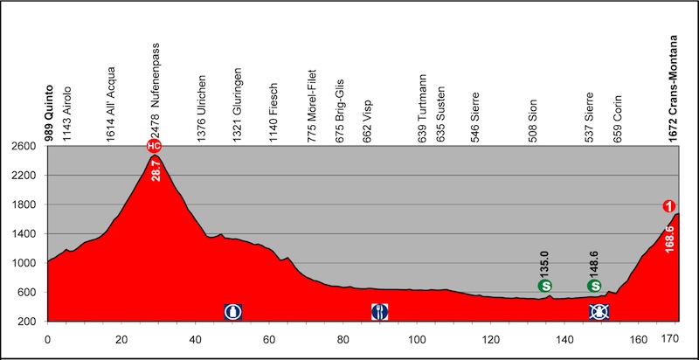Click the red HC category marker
coord(155,146)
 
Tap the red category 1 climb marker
coord(669,207)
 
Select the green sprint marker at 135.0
coord(545,286)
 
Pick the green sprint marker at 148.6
coord(595,286)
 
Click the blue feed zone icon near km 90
coord(379,311)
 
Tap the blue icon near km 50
coord(232,311)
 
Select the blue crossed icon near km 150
coord(599,311)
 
